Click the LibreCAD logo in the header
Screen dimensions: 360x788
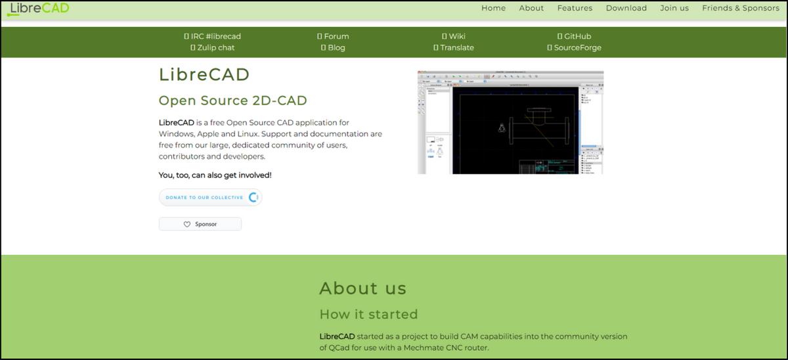pos(39,9)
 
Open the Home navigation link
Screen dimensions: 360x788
pos(493,9)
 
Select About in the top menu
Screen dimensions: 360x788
pos(531,9)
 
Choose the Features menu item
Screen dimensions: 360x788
pos(575,9)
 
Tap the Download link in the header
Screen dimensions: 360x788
pos(626,9)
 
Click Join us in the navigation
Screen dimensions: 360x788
pos(674,9)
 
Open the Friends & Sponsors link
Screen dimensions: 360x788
pos(740,9)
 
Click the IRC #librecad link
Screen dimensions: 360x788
pos(212,36)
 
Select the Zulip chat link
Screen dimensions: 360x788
pos(212,47)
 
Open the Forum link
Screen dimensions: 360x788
pos(333,36)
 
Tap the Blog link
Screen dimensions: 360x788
pos(333,47)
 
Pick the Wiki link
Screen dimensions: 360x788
pos(453,36)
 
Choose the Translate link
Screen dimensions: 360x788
pos(453,47)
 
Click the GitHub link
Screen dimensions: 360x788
pos(574,36)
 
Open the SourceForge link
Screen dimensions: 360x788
pos(574,47)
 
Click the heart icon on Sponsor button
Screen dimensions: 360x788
pos(186,225)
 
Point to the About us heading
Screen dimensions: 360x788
pos(362,288)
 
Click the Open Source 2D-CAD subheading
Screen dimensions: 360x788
pos(232,101)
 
